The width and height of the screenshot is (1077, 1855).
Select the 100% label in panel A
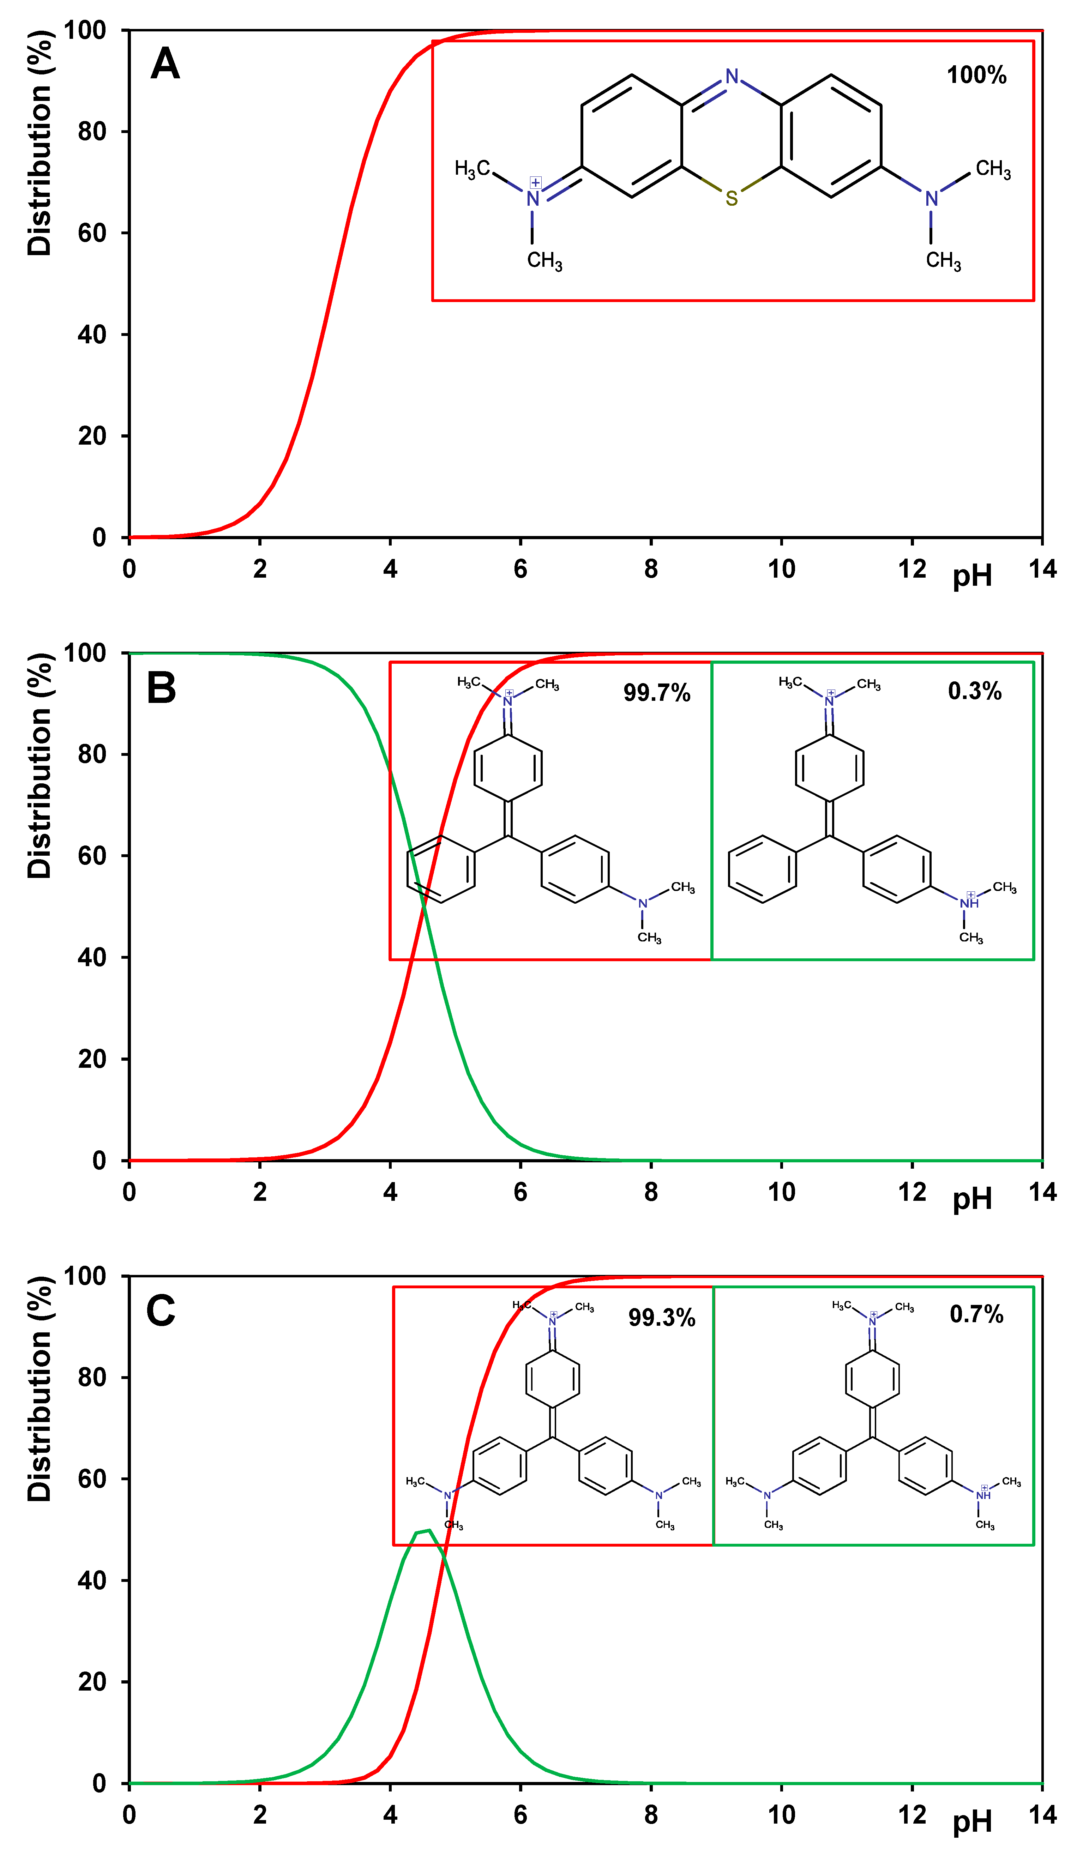976,75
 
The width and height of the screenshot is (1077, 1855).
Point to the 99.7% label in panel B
657,693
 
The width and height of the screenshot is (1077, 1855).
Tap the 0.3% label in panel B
975,691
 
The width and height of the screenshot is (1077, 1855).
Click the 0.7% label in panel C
976,1315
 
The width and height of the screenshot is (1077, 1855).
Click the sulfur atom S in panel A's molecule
731,198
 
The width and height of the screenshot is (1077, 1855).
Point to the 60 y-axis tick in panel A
92,233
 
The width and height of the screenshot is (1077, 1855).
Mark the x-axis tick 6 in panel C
521,1814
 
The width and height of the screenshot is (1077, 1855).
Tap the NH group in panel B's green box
969,903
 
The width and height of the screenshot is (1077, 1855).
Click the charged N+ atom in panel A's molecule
533,198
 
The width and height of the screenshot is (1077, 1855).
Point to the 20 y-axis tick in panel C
92,1682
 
